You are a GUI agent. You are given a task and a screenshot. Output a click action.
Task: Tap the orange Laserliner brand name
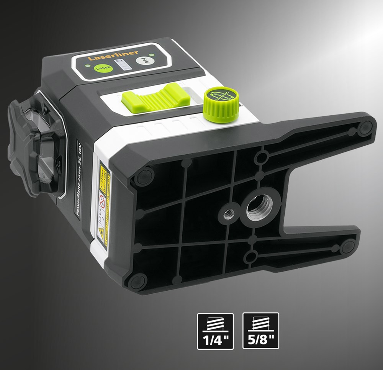113,55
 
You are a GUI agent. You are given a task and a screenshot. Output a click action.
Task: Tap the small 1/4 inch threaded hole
229,212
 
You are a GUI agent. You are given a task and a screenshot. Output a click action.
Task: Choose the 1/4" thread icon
215,331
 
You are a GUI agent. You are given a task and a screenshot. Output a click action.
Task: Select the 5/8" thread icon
261,331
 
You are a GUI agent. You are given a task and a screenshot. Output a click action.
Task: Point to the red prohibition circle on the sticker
102,200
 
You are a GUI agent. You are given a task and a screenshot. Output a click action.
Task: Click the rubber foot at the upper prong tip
365,128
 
